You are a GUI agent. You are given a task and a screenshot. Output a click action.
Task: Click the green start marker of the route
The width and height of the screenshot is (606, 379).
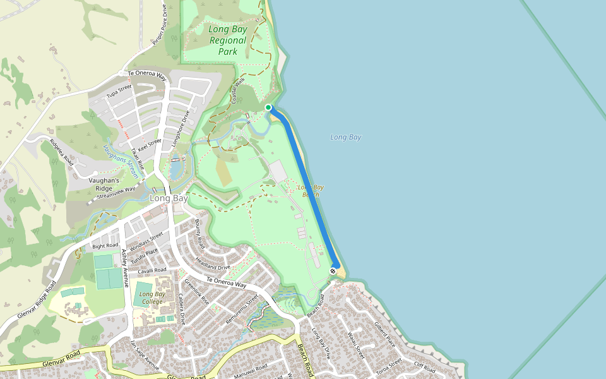(x=268, y=107)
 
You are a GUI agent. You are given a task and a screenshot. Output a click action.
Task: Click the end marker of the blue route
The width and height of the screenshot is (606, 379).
(x=333, y=271)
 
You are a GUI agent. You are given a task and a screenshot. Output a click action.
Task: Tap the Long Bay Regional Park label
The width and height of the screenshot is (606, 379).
(x=228, y=40)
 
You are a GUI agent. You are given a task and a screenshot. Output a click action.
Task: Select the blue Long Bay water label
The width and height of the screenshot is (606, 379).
(x=345, y=137)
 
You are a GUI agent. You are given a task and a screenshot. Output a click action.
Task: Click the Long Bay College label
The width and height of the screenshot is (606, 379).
(x=152, y=298)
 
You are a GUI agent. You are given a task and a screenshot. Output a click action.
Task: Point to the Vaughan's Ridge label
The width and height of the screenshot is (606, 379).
(x=104, y=184)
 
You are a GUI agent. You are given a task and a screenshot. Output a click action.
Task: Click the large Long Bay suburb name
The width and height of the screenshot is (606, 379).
(x=169, y=198)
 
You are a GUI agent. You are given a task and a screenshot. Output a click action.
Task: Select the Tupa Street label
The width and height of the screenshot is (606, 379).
(x=119, y=91)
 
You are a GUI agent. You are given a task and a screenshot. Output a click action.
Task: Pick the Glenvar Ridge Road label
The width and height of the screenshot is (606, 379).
(x=37, y=300)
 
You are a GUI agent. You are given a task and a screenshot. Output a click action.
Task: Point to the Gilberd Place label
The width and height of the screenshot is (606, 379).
(x=384, y=334)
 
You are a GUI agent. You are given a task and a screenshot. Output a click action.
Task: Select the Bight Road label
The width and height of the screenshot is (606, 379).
(x=105, y=246)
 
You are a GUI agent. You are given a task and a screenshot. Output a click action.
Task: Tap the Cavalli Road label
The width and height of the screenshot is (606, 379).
(x=151, y=270)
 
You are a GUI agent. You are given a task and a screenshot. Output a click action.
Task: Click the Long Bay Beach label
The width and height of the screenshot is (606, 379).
(x=311, y=191)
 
